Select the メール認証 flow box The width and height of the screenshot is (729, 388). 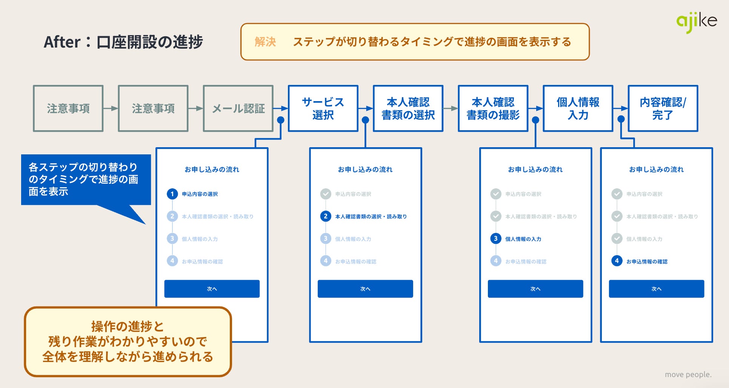[238, 108]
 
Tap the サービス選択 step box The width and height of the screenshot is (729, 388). [323, 108]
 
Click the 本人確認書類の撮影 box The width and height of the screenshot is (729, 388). [493, 108]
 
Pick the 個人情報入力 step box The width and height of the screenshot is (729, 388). [578, 108]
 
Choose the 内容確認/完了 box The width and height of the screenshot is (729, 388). [663, 108]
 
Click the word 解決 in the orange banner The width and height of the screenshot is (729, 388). [265, 42]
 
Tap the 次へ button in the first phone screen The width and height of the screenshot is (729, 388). [212, 289]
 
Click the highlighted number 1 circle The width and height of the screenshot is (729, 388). [172, 194]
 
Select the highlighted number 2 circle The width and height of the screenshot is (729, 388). [326, 216]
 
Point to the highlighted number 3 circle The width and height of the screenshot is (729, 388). [495, 239]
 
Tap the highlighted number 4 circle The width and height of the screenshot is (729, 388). [617, 261]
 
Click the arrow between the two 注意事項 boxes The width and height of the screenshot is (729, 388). [111, 109]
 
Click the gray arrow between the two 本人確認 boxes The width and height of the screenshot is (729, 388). [451, 109]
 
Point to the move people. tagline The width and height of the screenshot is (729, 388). [688, 374]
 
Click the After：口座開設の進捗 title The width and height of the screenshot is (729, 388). [123, 42]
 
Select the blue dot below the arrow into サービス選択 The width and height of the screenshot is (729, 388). [281, 120]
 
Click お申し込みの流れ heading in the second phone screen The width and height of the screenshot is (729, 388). [365, 169]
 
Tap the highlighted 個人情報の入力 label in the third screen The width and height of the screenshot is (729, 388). [523, 239]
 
